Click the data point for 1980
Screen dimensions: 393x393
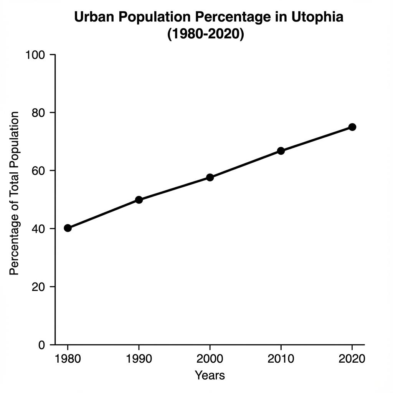68,228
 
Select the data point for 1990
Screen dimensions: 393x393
139,200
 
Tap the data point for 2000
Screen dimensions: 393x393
210,177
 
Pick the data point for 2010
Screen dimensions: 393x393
281,151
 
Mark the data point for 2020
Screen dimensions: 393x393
352,127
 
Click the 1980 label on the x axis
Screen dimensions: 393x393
68,359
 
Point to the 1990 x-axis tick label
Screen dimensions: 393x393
139,359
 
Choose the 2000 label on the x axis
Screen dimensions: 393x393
210,359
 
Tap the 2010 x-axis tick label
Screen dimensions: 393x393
281,359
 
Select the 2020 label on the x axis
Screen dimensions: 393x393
352,359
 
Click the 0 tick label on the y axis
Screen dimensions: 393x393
42,345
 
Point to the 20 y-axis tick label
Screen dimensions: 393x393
38,287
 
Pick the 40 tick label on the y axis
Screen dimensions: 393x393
38,229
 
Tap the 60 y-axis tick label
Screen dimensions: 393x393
38,171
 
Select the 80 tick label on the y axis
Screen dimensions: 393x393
38,113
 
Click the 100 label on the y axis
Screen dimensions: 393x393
35,55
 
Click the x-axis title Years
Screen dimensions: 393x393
210,375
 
